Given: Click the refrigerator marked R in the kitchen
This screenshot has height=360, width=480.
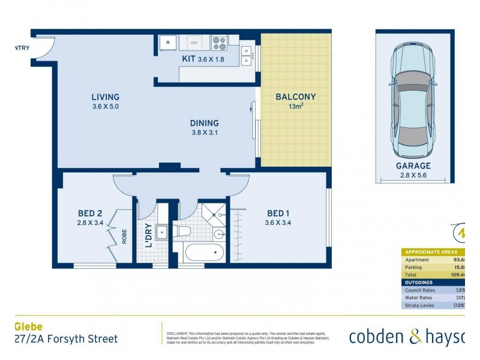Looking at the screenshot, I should tap(167, 43).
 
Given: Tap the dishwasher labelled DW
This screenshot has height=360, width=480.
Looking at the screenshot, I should tap(194, 43).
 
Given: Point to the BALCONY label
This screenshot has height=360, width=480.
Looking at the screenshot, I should tap(295, 97).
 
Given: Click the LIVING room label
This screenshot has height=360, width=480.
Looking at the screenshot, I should tap(105, 97).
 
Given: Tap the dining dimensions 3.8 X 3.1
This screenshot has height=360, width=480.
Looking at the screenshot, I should tap(203, 133).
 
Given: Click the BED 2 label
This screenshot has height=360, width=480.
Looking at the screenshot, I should tap(90, 213).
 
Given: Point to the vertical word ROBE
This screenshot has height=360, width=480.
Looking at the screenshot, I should tap(125, 238).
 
